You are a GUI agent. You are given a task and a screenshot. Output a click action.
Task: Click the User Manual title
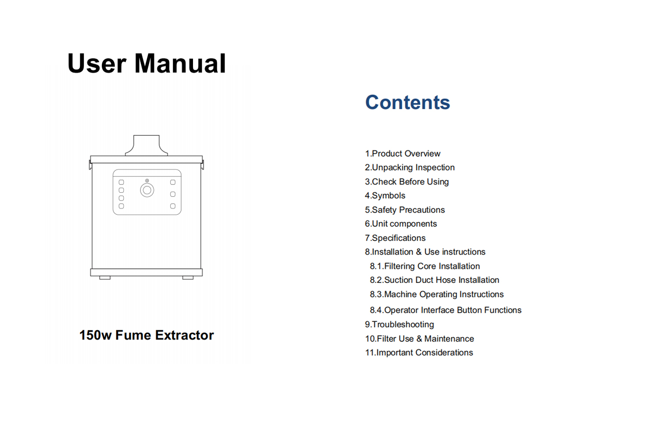tap(147, 64)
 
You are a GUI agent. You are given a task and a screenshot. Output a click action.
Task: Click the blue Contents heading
tap(408, 102)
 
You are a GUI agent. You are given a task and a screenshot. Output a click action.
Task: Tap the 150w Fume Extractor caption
tap(147, 335)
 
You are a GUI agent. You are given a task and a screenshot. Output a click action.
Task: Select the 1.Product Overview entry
tap(402, 153)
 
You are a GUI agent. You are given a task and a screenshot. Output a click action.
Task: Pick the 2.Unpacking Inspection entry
tap(409, 167)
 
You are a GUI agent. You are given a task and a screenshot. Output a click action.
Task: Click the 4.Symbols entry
tap(385, 195)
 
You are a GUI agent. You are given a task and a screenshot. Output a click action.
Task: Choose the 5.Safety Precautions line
tap(405, 210)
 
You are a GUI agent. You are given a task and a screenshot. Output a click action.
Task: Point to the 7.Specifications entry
tap(395, 238)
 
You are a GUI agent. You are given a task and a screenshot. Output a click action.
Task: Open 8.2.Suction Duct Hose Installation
tap(434, 280)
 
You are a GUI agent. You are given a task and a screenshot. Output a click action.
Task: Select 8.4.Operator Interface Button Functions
tap(446, 310)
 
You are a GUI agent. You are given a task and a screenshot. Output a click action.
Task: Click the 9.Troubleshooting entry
tap(399, 325)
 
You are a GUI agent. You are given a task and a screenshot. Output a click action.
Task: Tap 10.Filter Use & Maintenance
tap(419, 339)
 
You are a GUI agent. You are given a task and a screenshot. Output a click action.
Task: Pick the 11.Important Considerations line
tap(419, 352)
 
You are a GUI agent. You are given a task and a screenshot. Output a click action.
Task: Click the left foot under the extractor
tap(105, 278)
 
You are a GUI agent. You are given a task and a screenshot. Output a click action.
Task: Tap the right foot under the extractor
tap(188, 278)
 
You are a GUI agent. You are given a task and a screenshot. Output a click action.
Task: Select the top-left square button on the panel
tap(122, 182)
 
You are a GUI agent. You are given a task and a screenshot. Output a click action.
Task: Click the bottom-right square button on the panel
tap(173, 206)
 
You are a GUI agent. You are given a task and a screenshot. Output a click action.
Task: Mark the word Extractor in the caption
tap(185, 335)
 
